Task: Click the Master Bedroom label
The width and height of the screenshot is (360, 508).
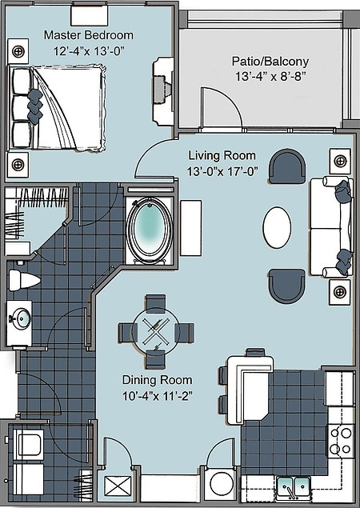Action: tap(88, 35)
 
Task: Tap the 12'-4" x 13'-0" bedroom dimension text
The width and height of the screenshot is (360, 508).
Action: tap(88, 51)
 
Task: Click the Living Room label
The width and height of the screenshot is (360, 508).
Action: tap(222, 154)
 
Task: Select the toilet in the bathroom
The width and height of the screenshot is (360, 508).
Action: tap(22, 280)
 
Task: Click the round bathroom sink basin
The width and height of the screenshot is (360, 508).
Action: tap(19, 319)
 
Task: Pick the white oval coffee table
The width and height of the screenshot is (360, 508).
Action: tap(278, 227)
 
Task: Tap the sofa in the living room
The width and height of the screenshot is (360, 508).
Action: tap(330, 227)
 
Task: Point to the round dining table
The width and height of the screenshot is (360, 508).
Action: tap(155, 330)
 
